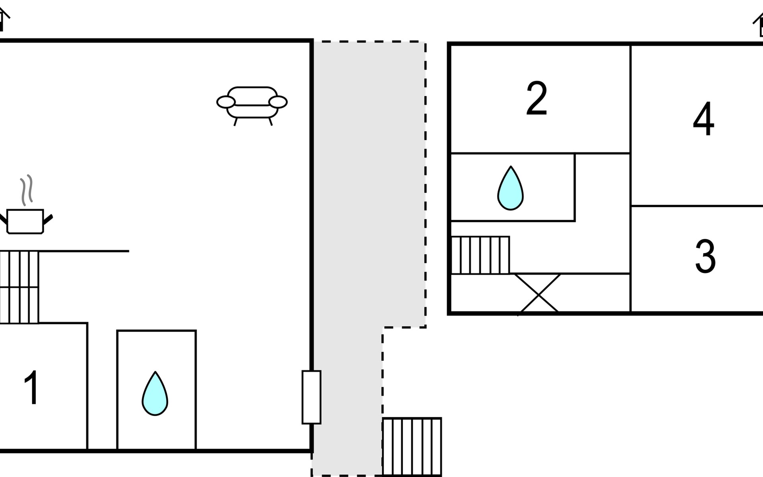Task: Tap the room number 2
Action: pos(536,98)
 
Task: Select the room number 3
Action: pos(705,256)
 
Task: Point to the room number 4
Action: pos(703,118)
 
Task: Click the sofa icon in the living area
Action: pos(252,106)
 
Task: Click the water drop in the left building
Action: pos(155,394)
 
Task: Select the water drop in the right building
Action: pos(511,188)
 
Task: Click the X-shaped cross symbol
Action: pos(538,294)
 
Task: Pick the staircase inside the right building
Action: pos(480,255)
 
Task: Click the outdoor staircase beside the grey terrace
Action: pos(412,447)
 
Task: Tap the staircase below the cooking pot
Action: pos(19,287)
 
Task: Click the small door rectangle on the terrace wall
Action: pos(312,397)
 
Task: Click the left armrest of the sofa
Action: pos(226,102)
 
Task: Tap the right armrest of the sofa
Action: pos(278,102)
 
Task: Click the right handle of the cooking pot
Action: pos(48,219)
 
